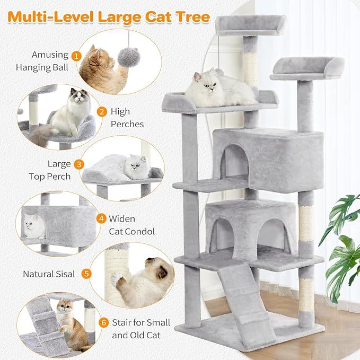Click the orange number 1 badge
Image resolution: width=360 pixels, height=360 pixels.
[76, 55]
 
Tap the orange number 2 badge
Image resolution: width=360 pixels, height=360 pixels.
[101, 111]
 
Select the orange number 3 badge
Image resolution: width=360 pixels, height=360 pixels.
[78, 164]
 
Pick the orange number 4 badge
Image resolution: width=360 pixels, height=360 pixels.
[101, 218]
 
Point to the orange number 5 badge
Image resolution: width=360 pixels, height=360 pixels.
[86, 274]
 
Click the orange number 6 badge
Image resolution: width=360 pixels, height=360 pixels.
[103, 322]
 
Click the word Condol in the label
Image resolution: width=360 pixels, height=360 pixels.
[138, 231]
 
